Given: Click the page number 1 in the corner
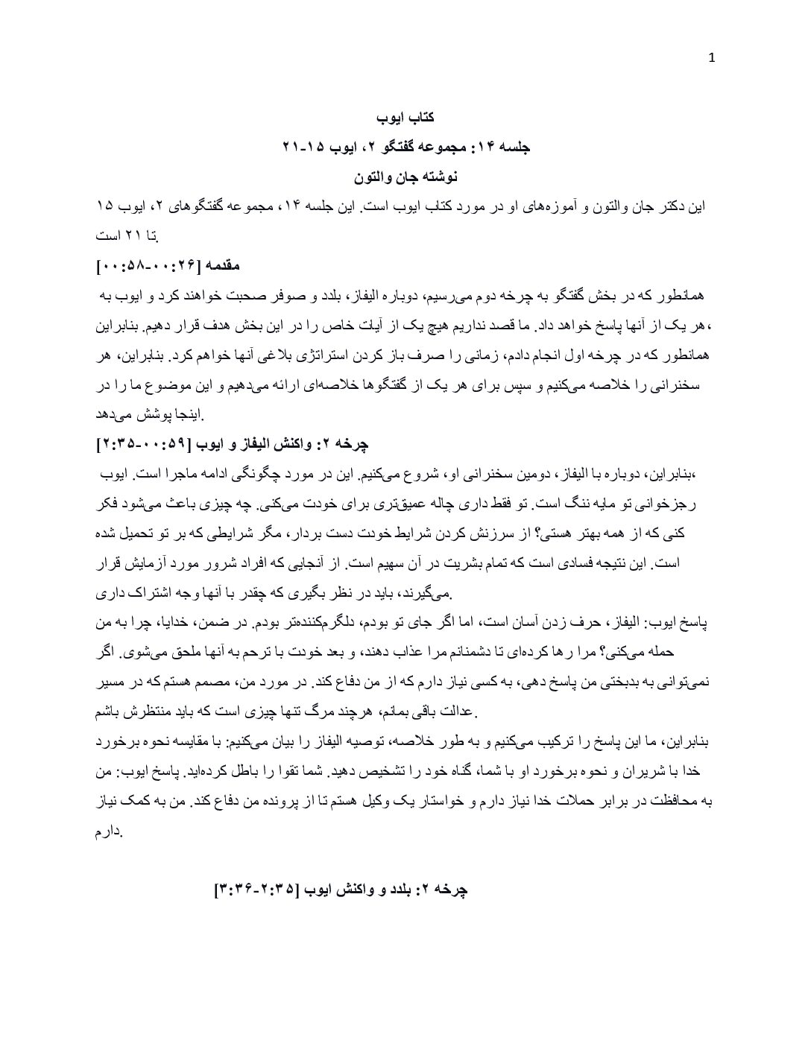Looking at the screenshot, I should pyautogui.click(x=711, y=59).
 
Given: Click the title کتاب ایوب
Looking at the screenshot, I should pyautogui.click(x=405, y=117).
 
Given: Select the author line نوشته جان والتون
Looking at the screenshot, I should pyautogui.click(x=405, y=177).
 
